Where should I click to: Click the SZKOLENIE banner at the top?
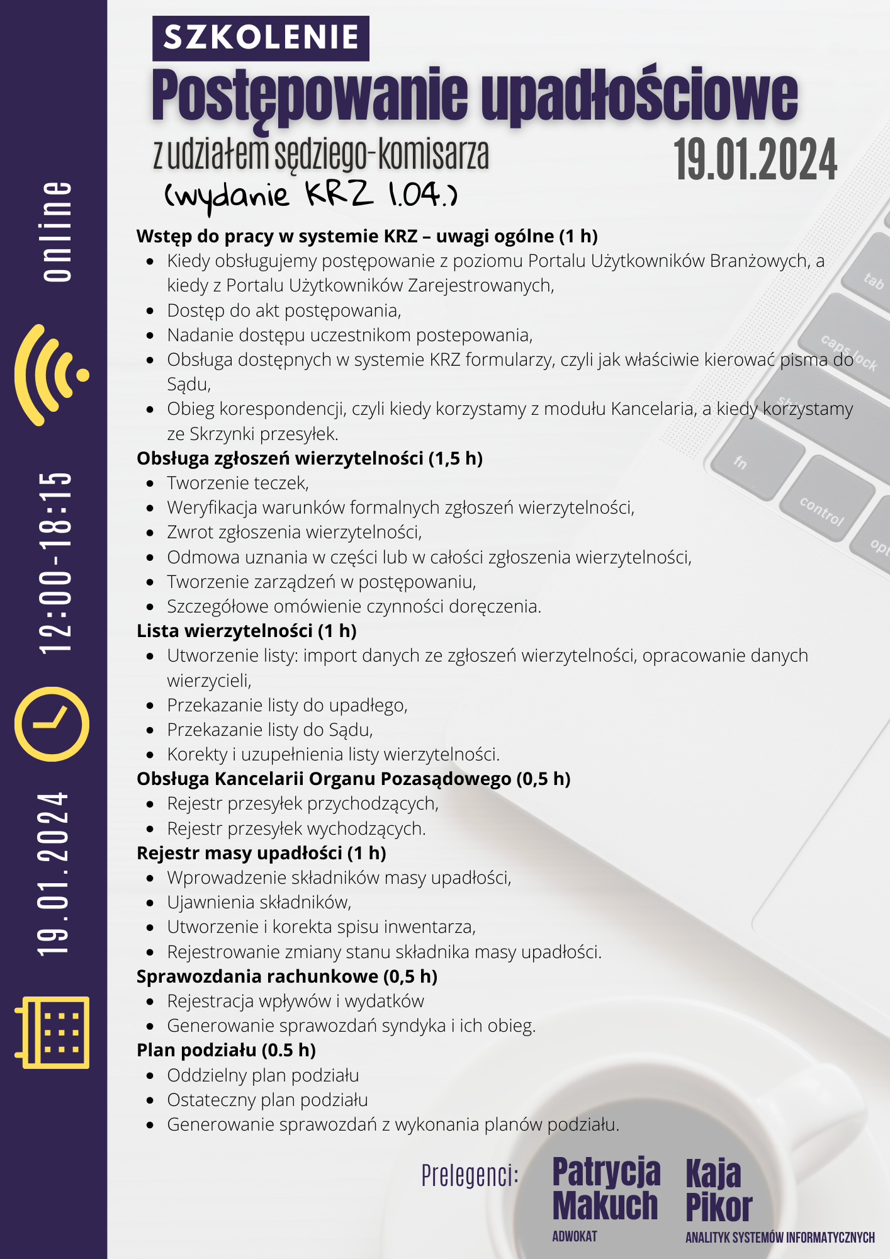(x=261, y=38)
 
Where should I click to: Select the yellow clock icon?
(x=52, y=724)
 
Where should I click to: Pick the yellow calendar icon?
(x=53, y=1032)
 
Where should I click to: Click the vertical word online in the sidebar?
(x=57, y=231)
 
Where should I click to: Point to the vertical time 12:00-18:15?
(x=55, y=562)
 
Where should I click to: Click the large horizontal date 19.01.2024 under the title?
(x=755, y=160)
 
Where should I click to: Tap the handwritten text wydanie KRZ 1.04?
(x=311, y=195)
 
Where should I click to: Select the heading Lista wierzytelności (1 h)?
(x=247, y=631)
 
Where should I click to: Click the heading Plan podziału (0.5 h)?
(x=226, y=1050)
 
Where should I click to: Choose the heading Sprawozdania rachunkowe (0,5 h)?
(x=287, y=976)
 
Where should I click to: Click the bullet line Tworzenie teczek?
(x=238, y=483)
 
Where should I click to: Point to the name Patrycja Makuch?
(x=606, y=1188)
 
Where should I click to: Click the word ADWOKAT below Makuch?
(x=574, y=1236)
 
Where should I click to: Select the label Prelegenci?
(x=470, y=1175)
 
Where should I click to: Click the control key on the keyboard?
(x=822, y=511)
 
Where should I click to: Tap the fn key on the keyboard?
(x=741, y=463)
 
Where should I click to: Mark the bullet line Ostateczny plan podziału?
(x=268, y=1100)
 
